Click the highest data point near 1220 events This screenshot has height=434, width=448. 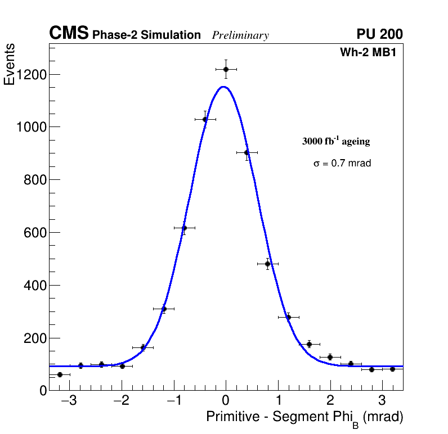pyautogui.click(x=226, y=69)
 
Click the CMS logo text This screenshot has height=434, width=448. pyautogui.click(x=69, y=34)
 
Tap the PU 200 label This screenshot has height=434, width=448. pyautogui.click(x=379, y=34)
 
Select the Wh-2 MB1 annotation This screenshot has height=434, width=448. pyautogui.click(x=371, y=53)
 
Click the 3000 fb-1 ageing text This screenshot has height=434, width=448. pyautogui.click(x=336, y=141)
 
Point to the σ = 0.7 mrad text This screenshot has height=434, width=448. pyautogui.click(x=342, y=164)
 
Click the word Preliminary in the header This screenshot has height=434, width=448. pyautogui.click(x=240, y=35)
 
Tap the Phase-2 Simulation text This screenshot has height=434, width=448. pyautogui.click(x=146, y=35)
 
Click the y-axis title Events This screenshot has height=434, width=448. pyautogui.click(x=10, y=65)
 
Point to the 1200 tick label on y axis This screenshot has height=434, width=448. pyautogui.click(x=31, y=75)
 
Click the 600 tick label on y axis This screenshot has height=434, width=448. pyautogui.click(x=35, y=233)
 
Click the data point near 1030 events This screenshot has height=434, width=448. pyautogui.click(x=205, y=119)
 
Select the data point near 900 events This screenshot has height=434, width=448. pyautogui.click(x=247, y=152)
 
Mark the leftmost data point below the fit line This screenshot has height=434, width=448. pyautogui.click(x=60, y=374)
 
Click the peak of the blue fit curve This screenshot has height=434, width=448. pyautogui.click(x=223, y=87)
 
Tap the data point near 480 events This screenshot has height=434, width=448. pyautogui.click(x=267, y=264)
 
